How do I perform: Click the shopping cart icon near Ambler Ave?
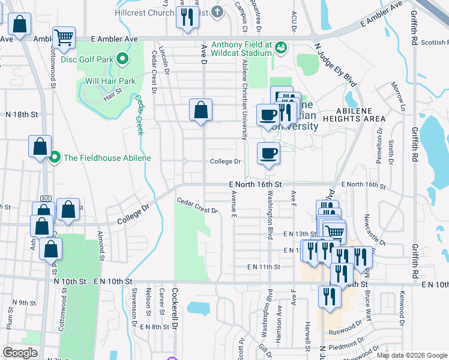tap(64, 37)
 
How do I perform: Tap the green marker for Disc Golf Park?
tap(122, 59)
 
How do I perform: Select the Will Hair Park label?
tap(110, 81)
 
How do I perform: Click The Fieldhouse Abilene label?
tap(107, 158)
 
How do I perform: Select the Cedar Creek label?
tap(139, 115)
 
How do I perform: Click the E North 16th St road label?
tap(255, 185)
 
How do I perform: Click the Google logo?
tap(20, 353)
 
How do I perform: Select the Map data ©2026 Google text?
tap(412, 355)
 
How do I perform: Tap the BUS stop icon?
tap(45, 199)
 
